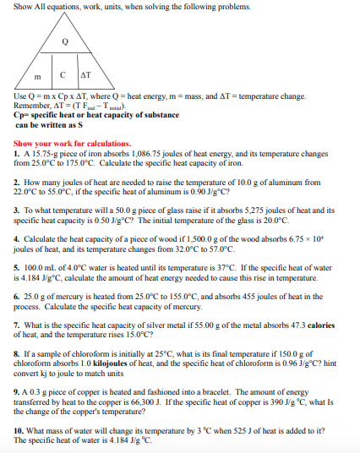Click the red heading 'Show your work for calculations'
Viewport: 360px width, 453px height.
(x=73, y=143)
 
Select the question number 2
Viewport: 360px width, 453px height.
(x=17, y=182)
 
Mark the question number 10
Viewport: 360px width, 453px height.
(x=19, y=429)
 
